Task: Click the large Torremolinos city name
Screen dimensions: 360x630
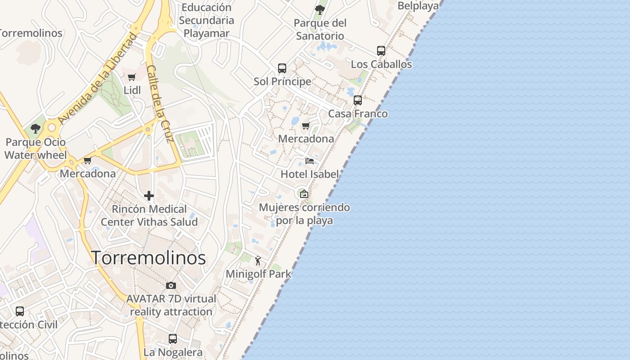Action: click(x=149, y=258)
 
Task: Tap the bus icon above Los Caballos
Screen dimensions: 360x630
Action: click(x=381, y=51)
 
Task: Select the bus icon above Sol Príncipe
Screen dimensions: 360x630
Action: click(x=282, y=68)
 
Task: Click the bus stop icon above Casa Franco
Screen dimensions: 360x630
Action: click(x=358, y=100)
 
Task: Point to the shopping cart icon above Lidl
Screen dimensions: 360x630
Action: click(x=132, y=77)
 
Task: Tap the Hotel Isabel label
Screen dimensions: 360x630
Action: click(x=310, y=174)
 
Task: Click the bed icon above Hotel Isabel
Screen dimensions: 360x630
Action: click(x=310, y=161)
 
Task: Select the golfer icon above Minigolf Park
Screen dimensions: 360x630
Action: click(x=258, y=261)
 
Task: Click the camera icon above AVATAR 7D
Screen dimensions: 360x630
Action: click(x=171, y=285)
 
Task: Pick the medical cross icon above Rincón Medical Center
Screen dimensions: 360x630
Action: click(x=149, y=196)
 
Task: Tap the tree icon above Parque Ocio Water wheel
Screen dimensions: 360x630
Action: click(x=36, y=129)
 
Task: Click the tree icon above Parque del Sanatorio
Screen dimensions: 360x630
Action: click(x=320, y=9)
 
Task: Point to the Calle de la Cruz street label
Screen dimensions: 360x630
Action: click(x=161, y=104)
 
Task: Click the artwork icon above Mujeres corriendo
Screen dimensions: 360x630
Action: click(x=304, y=194)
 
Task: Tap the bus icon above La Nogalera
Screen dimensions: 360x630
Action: click(x=173, y=339)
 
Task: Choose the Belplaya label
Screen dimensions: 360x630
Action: click(x=418, y=6)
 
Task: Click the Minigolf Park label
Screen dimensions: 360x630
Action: click(x=258, y=274)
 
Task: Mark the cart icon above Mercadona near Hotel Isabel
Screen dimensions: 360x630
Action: click(x=306, y=126)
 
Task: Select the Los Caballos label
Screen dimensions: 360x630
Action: click(x=381, y=64)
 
